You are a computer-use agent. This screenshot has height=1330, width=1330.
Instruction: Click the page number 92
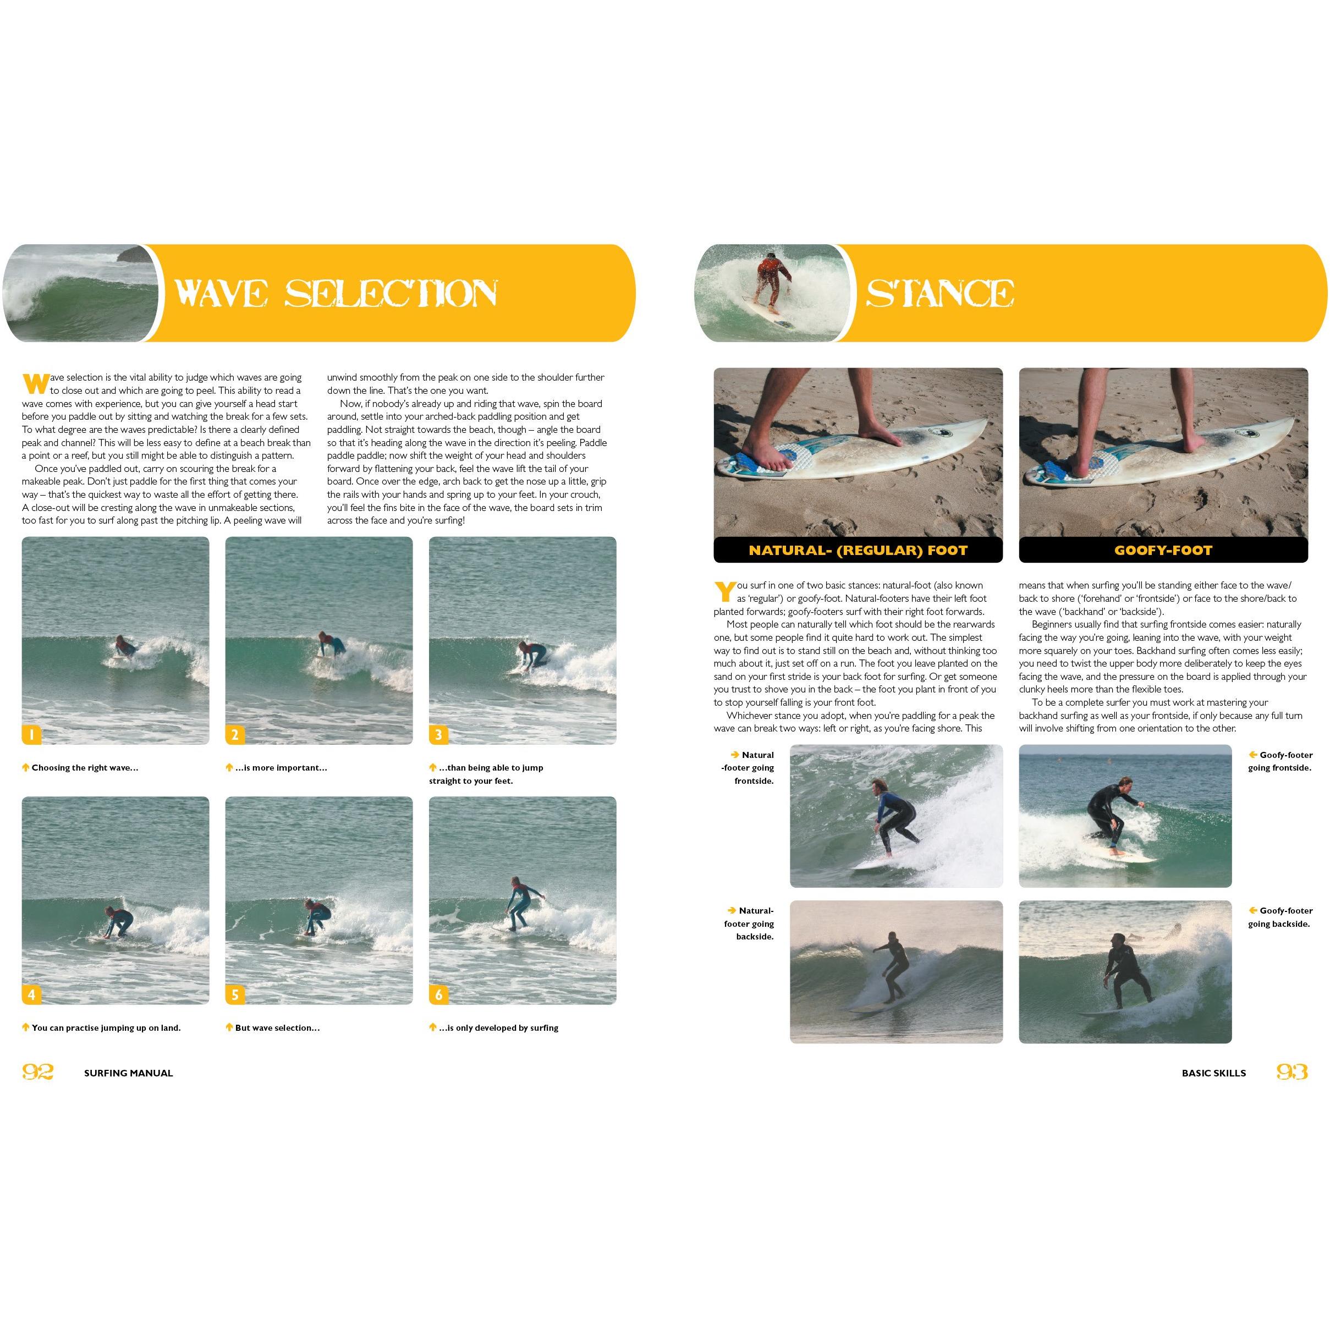pyautogui.click(x=37, y=1072)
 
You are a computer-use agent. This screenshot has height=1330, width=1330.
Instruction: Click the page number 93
pyautogui.click(x=1291, y=1072)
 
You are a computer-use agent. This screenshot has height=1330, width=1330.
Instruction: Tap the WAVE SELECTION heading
pyautogui.click(x=336, y=293)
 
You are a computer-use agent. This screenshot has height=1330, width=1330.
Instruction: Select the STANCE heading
pyautogui.click(x=939, y=293)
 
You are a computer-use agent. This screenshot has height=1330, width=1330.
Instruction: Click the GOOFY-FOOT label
pyautogui.click(x=1163, y=550)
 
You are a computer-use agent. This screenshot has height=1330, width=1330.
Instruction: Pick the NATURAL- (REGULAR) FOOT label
pyautogui.click(x=858, y=550)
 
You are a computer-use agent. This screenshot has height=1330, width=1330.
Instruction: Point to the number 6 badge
pyautogui.click(x=438, y=994)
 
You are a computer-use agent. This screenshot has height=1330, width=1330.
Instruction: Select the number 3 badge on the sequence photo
pyautogui.click(x=438, y=734)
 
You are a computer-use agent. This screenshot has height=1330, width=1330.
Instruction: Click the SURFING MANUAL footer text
pyautogui.click(x=128, y=1073)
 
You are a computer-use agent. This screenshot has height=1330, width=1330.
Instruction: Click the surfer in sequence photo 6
pyautogui.click(x=517, y=904)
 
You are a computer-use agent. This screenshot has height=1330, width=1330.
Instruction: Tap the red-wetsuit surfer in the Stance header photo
pyautogui.click(x=772, y=282)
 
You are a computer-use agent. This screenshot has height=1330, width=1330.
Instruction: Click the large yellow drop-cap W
pyautogui.click(x=35, y=383)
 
